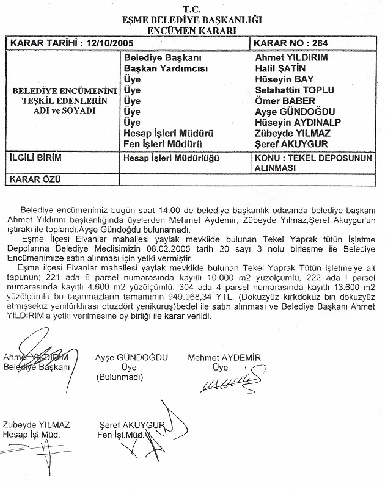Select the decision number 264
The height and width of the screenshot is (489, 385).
[x=313, y=44]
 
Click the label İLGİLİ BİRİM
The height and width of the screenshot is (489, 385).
[x=33, y=157]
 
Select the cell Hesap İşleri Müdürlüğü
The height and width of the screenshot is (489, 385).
[x=167, y=157]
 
